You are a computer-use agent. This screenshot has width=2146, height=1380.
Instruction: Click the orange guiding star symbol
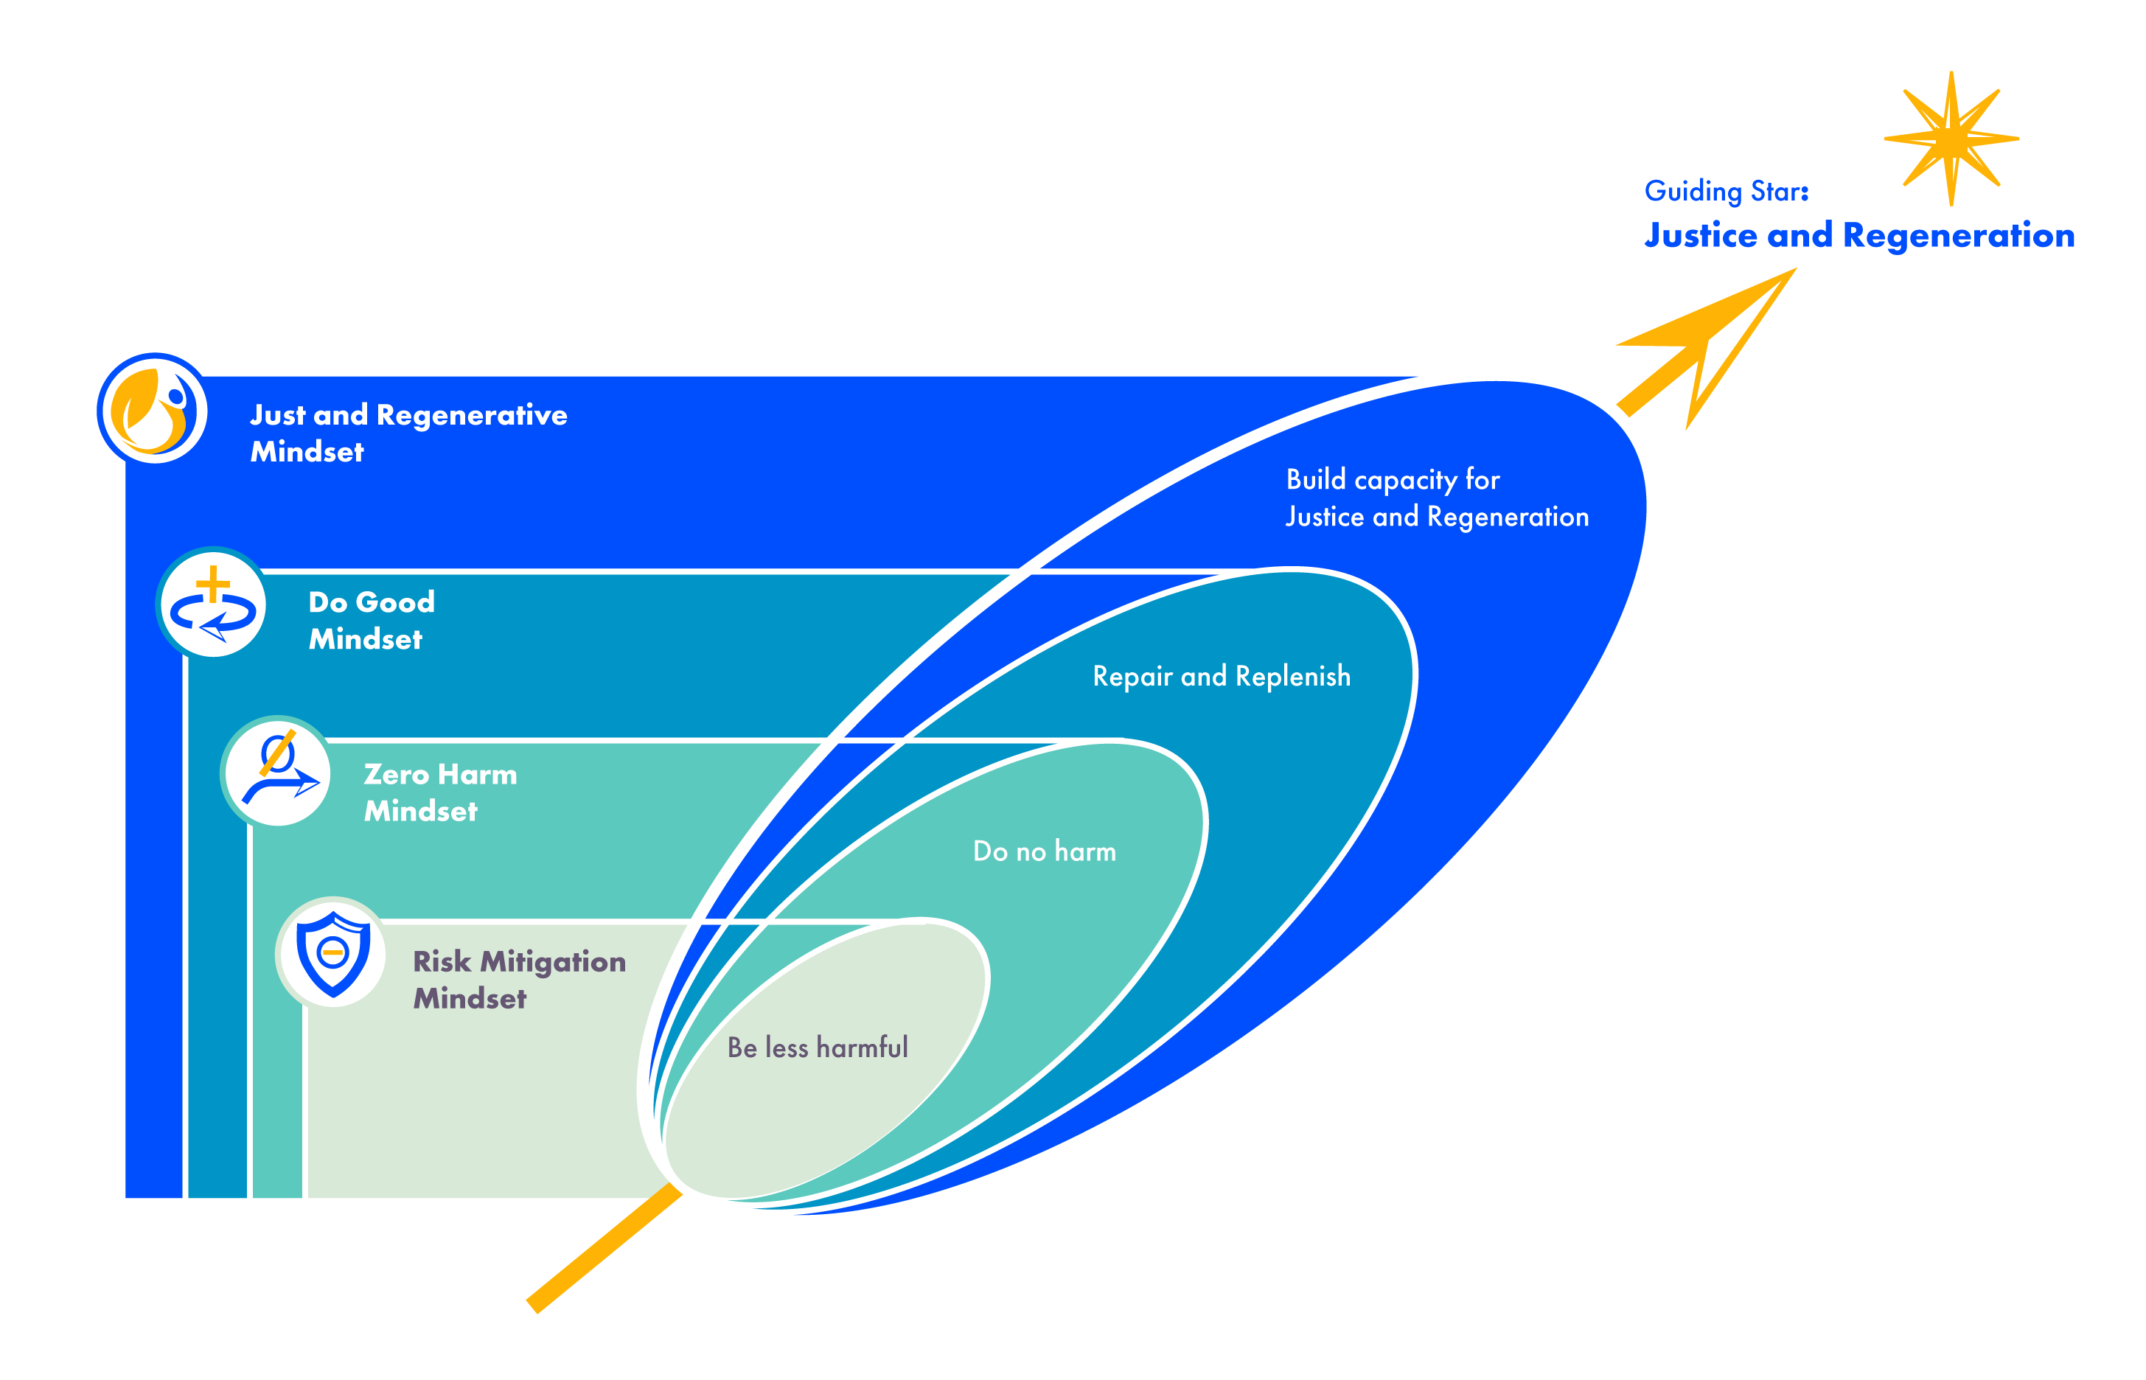pos(1950,139)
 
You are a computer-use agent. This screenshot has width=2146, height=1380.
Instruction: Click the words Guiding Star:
pos(1725,191)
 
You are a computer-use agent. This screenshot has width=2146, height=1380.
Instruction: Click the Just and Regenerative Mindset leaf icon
pos(153,410)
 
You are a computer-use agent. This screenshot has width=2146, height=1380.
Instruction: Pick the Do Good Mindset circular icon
pos(212,603)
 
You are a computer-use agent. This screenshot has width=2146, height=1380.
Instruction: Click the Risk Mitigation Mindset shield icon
pos(332,953)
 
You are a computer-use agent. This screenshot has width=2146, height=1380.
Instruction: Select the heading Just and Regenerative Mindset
pos(408,433)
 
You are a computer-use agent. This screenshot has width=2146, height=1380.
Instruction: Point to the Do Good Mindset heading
pos(371,620)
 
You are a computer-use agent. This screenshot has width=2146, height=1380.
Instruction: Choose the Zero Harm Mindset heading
pos(439,792)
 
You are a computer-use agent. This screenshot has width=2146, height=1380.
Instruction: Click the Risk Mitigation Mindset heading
pos(518,980)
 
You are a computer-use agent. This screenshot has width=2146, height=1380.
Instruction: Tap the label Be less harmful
pos(816,1047)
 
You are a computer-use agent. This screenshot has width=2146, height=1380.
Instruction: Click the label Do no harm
pos(1044,851)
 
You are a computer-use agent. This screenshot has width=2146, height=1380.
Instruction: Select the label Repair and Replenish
pos(1220,677)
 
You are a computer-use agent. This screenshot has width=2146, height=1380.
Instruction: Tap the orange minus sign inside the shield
pos(332,952)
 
